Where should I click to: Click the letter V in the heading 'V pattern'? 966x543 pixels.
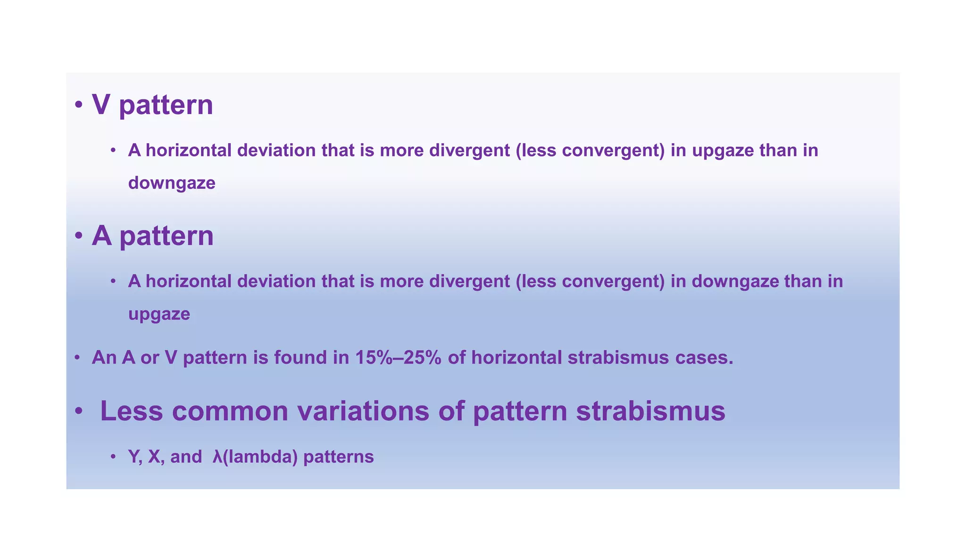click(x=101, y=105)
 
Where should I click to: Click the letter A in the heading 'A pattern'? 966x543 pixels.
click(x=101, y=236)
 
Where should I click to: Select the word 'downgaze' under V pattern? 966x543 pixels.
click(x=172, y=183)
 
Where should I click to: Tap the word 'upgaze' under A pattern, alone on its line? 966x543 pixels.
click(x=159, y=314)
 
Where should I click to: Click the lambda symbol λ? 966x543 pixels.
click(x=217, y=457)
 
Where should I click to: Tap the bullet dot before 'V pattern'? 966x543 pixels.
click(x=79, y=105)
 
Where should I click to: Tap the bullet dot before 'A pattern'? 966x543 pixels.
click(x=79, y=236)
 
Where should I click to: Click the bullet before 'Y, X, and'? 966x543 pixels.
click(x=113, y=457)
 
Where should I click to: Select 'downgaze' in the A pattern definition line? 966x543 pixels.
click(x=735, y=282)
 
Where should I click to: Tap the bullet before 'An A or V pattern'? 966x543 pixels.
click(x=77, y=358)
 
